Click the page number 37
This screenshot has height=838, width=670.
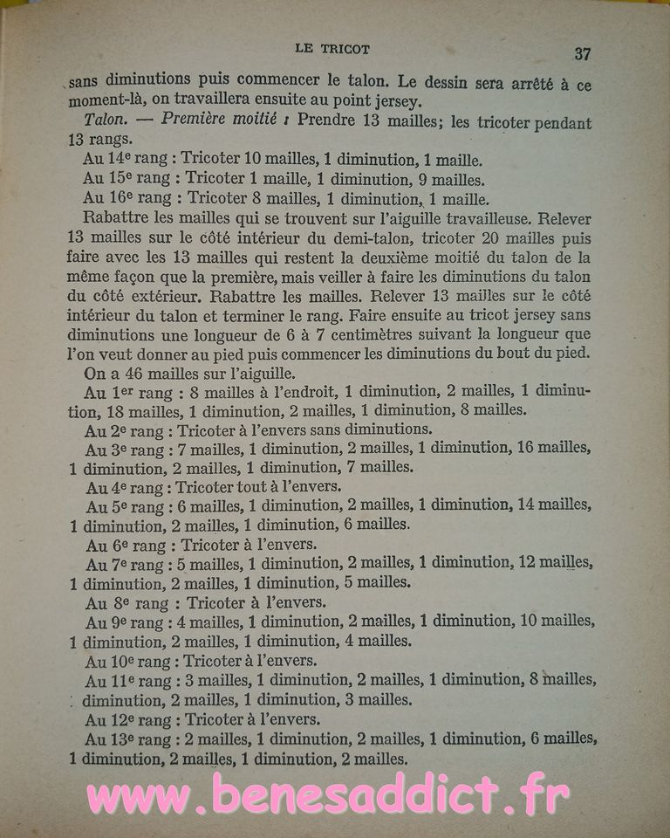point(583,53)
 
